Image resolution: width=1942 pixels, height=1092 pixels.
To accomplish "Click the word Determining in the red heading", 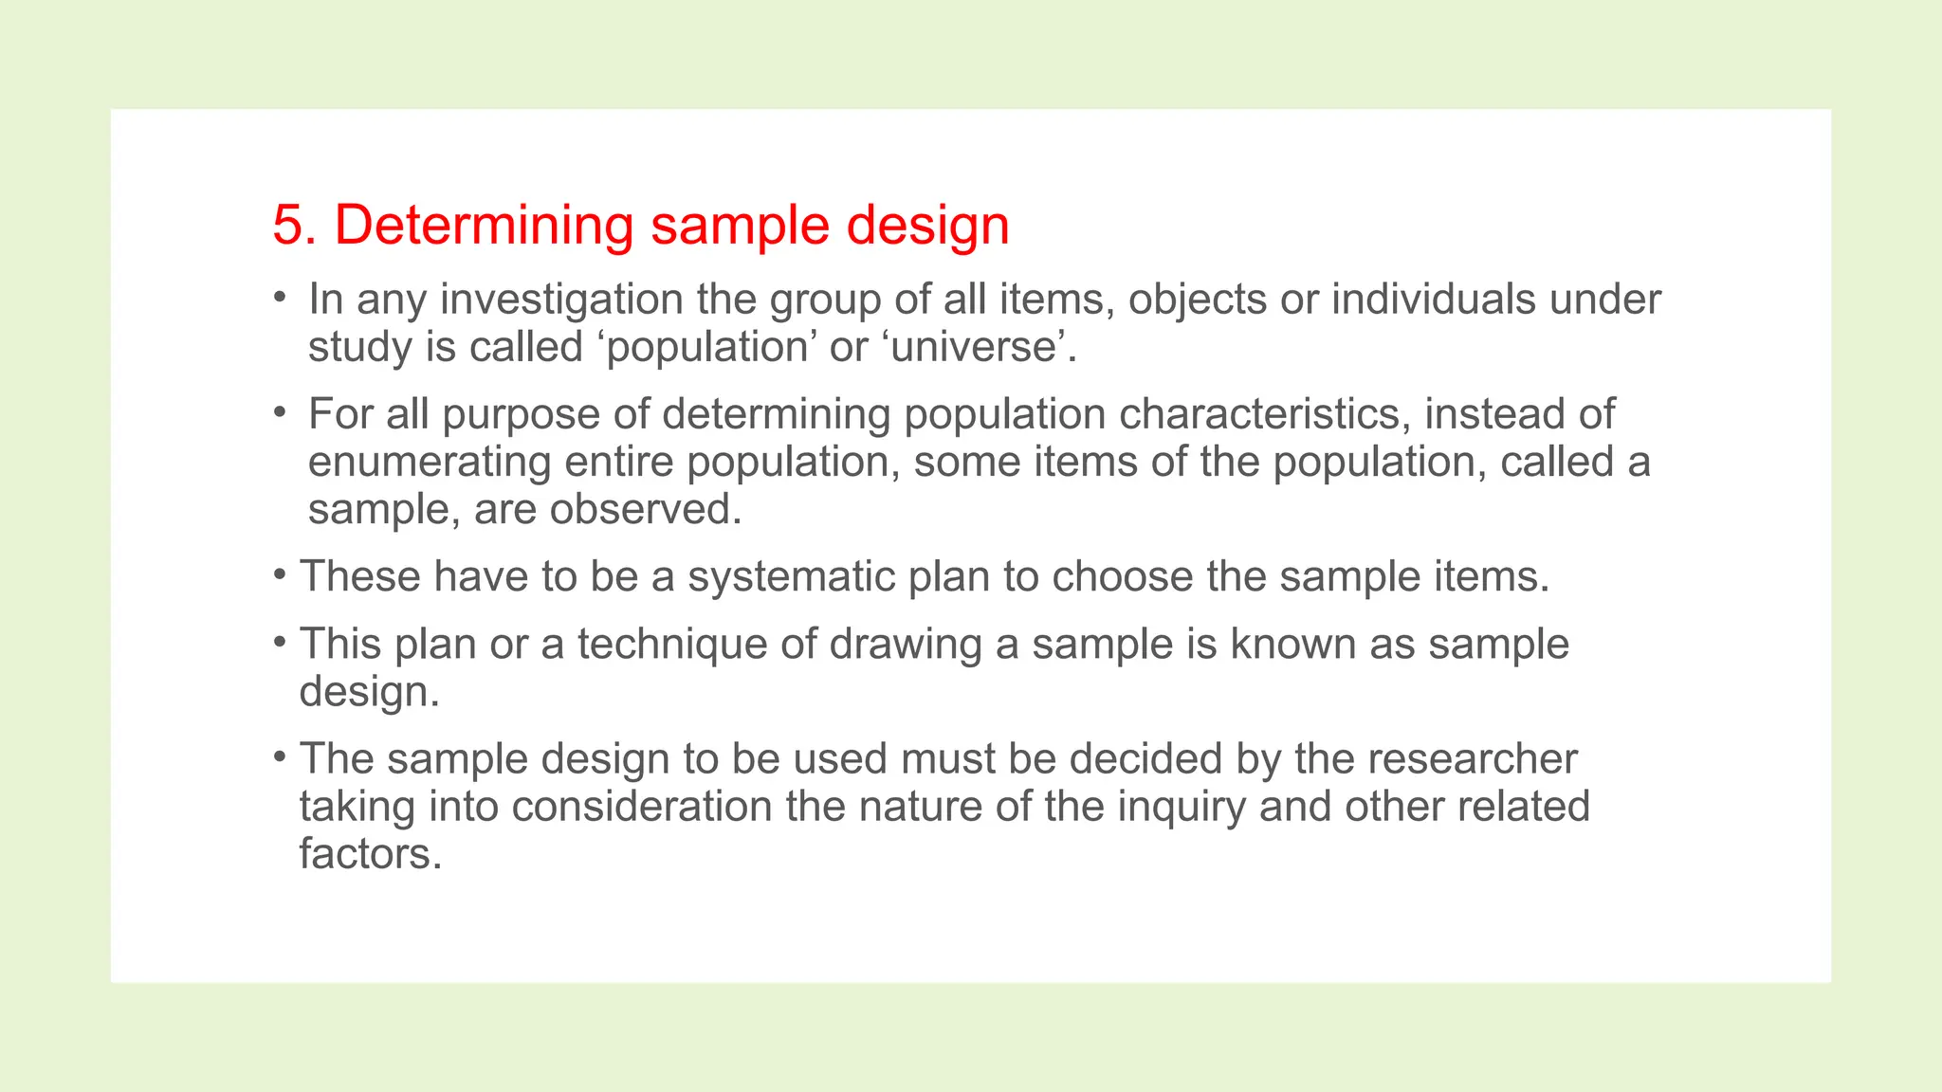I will click(x=484, y=226).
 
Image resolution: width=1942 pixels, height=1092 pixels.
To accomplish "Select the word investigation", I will click(x=561, y=300).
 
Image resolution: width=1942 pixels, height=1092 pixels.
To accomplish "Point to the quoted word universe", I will click(x=974, y=347).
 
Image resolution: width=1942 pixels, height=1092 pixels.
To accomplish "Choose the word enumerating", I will click(x=430, y=463).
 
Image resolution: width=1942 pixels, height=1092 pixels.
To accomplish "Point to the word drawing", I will click(x=906, y=645).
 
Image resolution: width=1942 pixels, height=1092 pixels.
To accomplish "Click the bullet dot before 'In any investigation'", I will click(x=279, y=298).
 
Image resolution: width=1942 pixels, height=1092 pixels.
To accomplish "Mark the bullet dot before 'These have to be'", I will click(x=279, y=574).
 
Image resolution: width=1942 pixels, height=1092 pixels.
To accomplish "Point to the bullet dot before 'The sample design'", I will click(x=279, y=756).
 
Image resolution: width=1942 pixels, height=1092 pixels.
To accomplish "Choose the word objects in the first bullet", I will click(x=1197, y=300).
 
